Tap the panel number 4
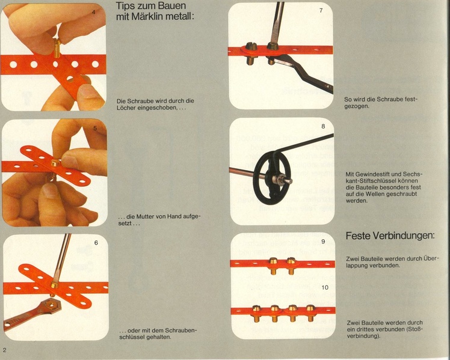tap(94, 13)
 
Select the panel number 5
tap(95, 129)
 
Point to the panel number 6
tap(96, 243)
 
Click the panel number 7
tap(321, 11)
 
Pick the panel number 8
tap(323, 126)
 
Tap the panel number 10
tap(325, 287)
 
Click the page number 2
tap(5, 350)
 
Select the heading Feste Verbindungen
tap(390, 236)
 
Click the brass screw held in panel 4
tap(57, 49)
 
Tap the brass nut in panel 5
tap(55, 163)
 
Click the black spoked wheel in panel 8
tap(271, 177)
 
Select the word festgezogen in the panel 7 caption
tap(381, 103)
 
